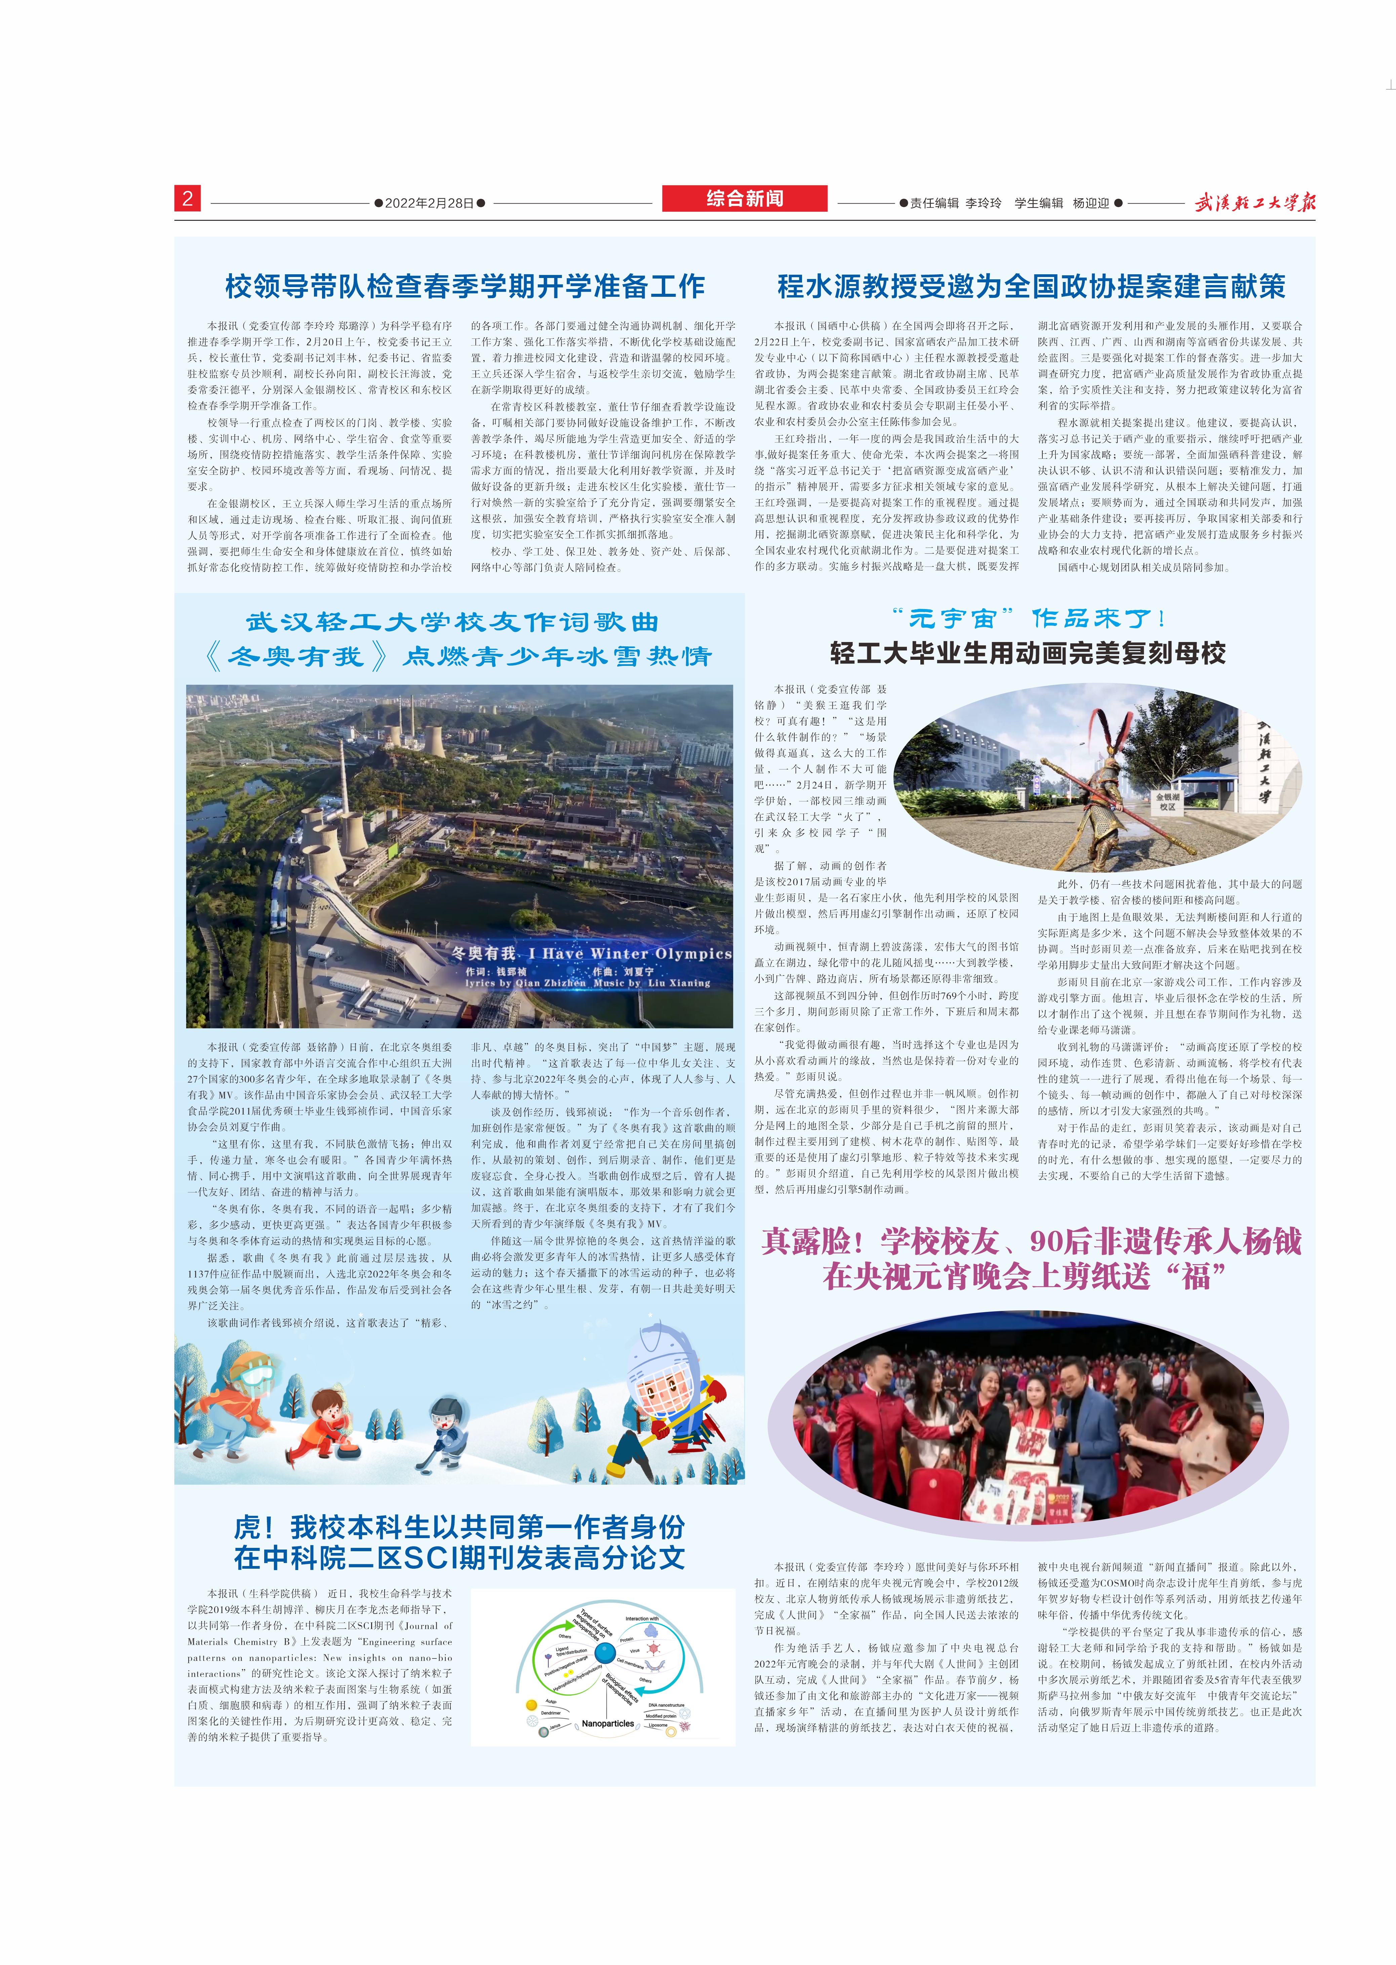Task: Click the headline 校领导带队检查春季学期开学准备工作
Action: point(464,286)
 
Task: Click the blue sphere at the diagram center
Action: point(605,1653)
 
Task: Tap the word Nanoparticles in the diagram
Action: point(608,1723)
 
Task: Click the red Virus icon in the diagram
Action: point(653,1649)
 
